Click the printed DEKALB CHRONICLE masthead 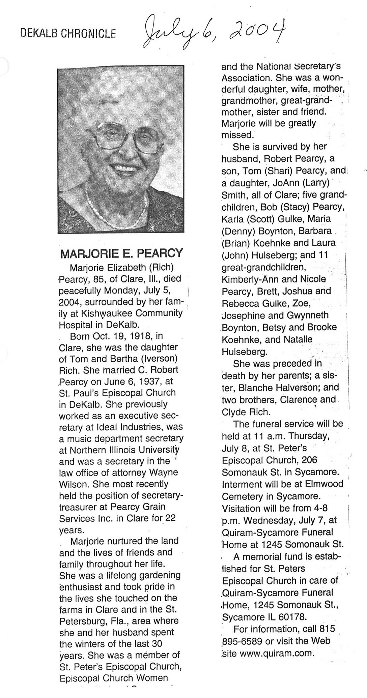pos(68,33)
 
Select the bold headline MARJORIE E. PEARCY pos(121,253)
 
